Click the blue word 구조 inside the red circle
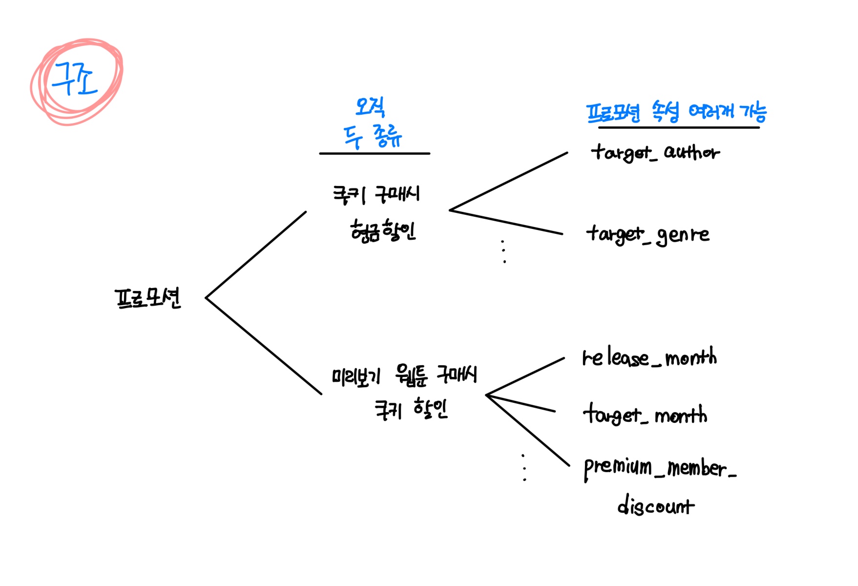(x=74, y=79)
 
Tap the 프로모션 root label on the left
(x=147, y=298)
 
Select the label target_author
(x=654, y=152)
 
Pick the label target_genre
(x=648, y=235)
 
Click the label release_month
(x=649, y=358)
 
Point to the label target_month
(x=645, y=415)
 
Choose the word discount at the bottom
(x=655, y=505)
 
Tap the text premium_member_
(x=659, y=468)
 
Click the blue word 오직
(x=370, y=106)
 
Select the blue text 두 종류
(x=372, y=136)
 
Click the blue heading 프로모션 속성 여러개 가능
(x=676, y=112)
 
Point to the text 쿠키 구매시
(x=376, y=194)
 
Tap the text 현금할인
(x=383, y=230)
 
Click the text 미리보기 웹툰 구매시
(x=404, y=375)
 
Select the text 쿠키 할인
(x=411, y=409)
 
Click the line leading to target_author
(x=508, y=182)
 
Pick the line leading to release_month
(x=525, y=376)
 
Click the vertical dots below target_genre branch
(x=503, y=251)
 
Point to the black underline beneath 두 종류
(x=375, y=153)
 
